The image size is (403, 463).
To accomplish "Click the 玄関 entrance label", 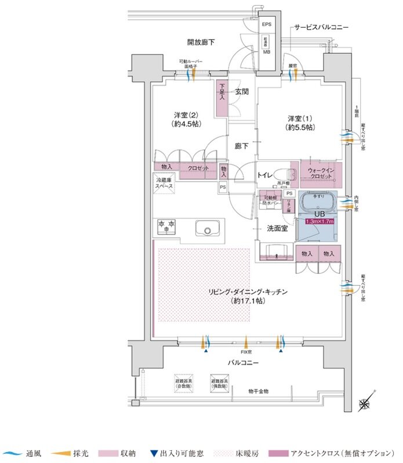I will pos(242,92).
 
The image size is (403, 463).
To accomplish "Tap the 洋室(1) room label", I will pos(299,122).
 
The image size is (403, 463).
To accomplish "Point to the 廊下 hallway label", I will pos(242,146).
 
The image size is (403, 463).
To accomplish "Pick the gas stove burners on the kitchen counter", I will pos(165,226).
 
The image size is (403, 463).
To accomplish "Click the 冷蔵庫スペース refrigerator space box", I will pos(164,184).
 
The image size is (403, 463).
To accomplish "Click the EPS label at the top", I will pos(266,24).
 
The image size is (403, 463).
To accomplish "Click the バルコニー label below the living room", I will pos(243,363).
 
